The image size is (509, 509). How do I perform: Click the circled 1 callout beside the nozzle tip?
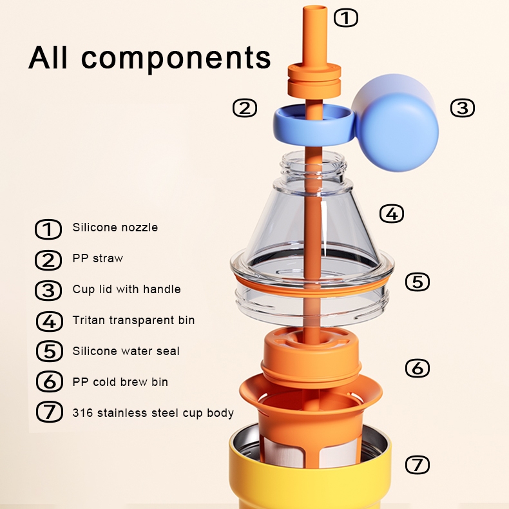[346, 18]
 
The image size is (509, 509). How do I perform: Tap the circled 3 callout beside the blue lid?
[462, 108]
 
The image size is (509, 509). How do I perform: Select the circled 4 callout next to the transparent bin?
[392, 214]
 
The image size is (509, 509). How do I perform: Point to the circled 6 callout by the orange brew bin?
[418, 368]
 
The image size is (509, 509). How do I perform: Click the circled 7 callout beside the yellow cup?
[418, 465]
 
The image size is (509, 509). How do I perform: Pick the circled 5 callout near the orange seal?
[418, 282]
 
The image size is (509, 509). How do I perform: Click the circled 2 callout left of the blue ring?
[245, 108]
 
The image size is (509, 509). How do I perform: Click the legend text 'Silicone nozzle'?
[115, 227]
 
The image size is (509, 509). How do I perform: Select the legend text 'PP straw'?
[98, 258]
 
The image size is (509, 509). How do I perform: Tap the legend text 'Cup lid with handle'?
[126, 289]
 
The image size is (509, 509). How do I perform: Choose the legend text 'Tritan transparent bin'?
[133, 320]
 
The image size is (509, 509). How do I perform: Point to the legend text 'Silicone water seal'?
[126, 351]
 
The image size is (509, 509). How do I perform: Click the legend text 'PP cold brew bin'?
[120, 381]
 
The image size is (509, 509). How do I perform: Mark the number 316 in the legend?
[82, 413]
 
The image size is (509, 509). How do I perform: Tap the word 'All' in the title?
[48, 57]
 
